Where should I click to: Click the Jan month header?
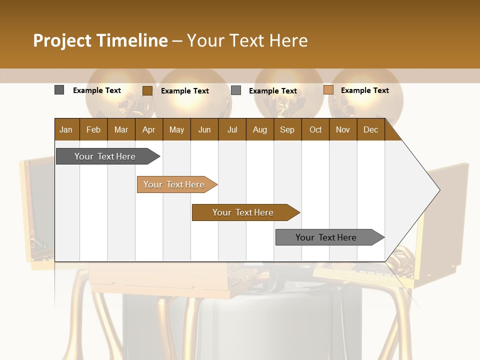click(66, 130)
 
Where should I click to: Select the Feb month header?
click(93, 130)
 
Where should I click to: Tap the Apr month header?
click(148, 130)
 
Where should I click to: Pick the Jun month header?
click(204, 130)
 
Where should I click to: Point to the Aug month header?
click(259, 130)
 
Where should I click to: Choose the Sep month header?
click(287, 130)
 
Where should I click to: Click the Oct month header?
click(315, 130)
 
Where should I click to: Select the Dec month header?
click(370, 130)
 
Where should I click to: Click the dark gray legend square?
click(59, 90)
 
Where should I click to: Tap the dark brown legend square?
click(147, 90)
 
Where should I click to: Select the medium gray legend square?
click(236, 90)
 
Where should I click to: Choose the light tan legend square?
click(328, 90)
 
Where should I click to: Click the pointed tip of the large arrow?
click(438, 190)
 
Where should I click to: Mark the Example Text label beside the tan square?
click(364, 90)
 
